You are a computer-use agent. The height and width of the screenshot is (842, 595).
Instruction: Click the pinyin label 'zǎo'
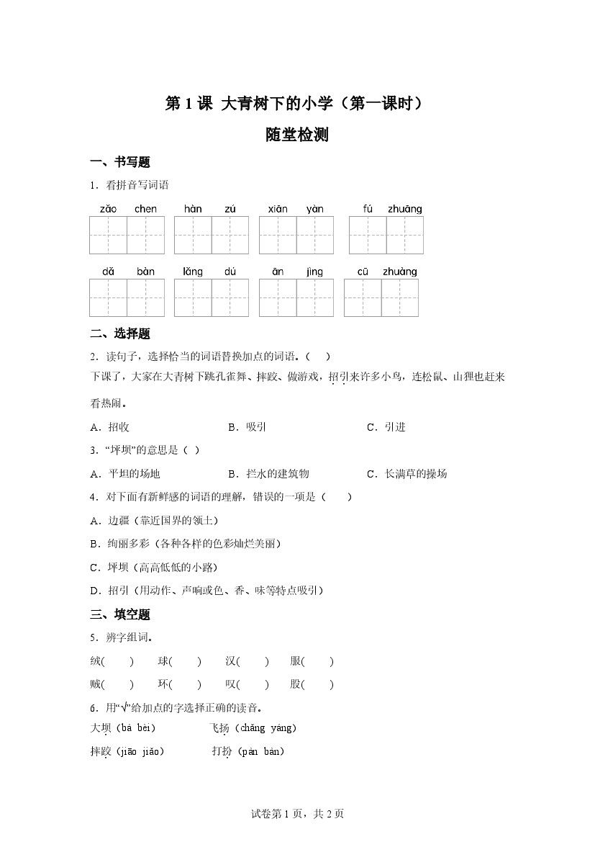pyautogui.click(x=108, y=209)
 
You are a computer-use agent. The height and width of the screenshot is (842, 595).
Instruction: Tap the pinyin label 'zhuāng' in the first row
pyautogui.click(x=404, y=209)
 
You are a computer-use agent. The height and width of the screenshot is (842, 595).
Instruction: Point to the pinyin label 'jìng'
pyautogui.click(x=314, y=272)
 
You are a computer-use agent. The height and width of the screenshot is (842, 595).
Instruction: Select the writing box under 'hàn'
pyautogui.click(x=193, y=235)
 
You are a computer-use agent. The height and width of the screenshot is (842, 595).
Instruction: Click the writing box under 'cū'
pyautogui.click(x=363, y=297)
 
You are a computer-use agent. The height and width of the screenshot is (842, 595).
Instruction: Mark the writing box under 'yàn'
pyautogui.click(x=315, y=235)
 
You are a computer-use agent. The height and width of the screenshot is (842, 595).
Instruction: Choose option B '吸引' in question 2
pyautogui.click(x=247, y=427)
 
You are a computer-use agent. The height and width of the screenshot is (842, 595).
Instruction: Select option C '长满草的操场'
pyautogui.click(x=407, y=473)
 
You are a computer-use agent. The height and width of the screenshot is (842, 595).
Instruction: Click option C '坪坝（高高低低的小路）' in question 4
pyautogui.click(x=153, y=567)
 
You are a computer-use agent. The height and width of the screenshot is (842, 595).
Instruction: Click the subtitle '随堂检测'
pyautogui.click(x=297, y=135)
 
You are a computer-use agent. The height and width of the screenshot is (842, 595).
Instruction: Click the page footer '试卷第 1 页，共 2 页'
pyautogui.click(x=297, y=814)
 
